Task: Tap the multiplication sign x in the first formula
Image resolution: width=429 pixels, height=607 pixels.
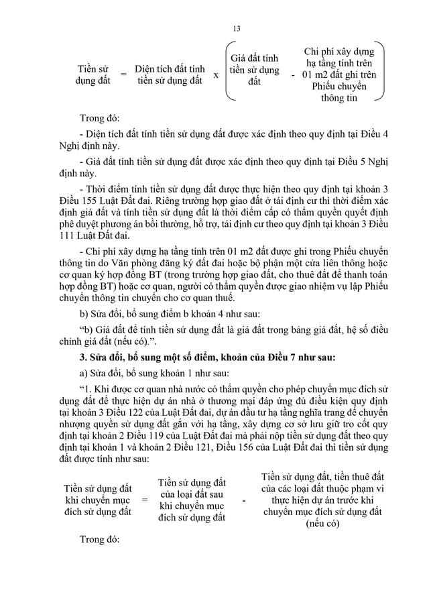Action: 216,75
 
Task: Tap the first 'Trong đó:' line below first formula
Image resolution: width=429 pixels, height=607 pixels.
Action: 99,117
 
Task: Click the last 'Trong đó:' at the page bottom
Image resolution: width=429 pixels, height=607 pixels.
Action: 99,539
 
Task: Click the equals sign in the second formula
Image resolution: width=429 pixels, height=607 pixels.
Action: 144,500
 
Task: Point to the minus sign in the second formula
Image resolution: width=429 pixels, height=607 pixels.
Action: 243,500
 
